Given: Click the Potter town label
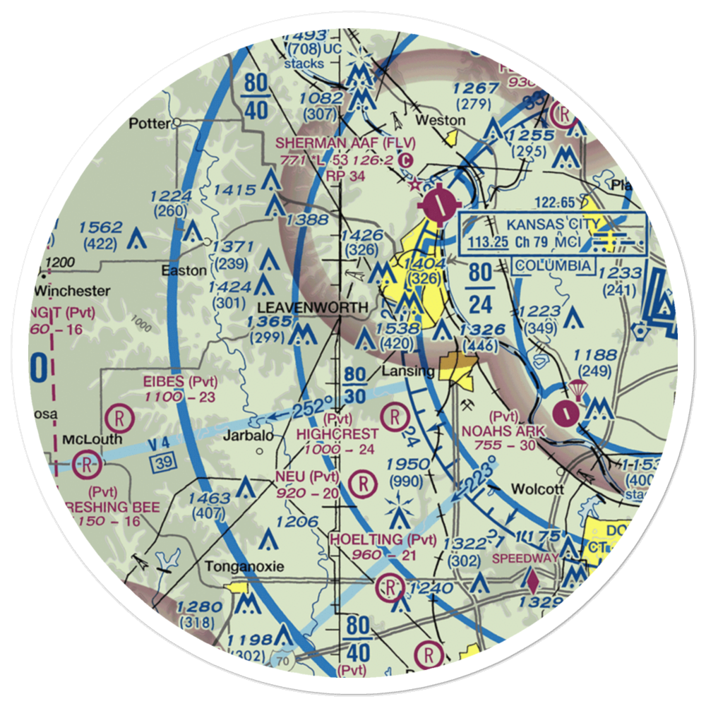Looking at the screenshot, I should tap(150, 124).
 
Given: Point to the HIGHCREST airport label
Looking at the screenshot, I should tap(337, 433).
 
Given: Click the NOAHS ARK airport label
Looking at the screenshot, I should tap(498, 430).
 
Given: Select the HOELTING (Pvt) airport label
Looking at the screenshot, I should tap(383, 540).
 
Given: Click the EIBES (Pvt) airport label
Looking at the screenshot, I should tap(180, 382).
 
